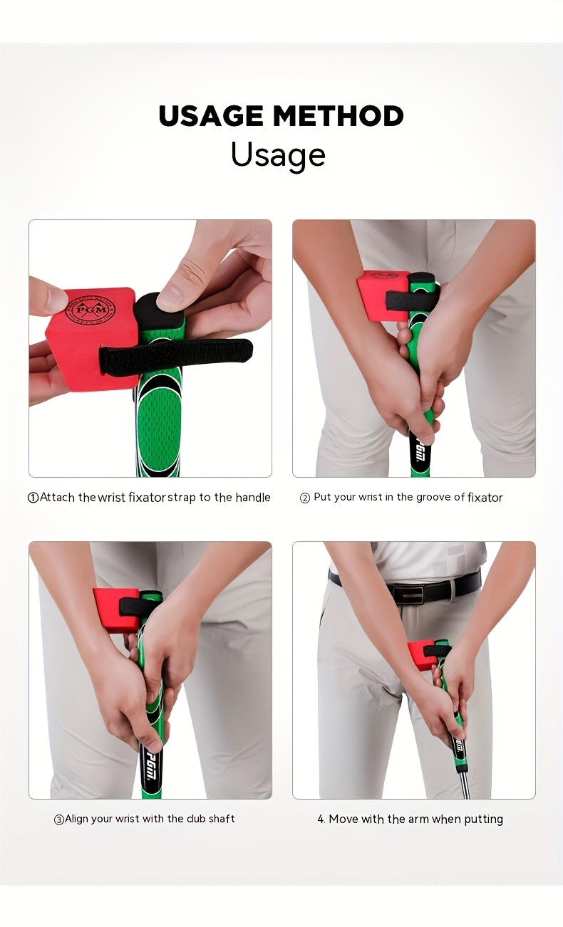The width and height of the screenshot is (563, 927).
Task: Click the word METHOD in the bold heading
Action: (339, 116)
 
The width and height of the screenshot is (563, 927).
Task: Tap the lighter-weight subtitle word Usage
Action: (278, 154)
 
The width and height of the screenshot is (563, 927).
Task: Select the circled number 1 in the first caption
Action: (33, 498)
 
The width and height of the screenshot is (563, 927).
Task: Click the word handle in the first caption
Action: (254, 497)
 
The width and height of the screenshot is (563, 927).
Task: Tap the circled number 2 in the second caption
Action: (305, 498)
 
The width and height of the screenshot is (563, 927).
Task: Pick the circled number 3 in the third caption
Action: (59, 819)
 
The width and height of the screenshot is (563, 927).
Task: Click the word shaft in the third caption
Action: (222, 819)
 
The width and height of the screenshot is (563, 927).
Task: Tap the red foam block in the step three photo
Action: (114, 609)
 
